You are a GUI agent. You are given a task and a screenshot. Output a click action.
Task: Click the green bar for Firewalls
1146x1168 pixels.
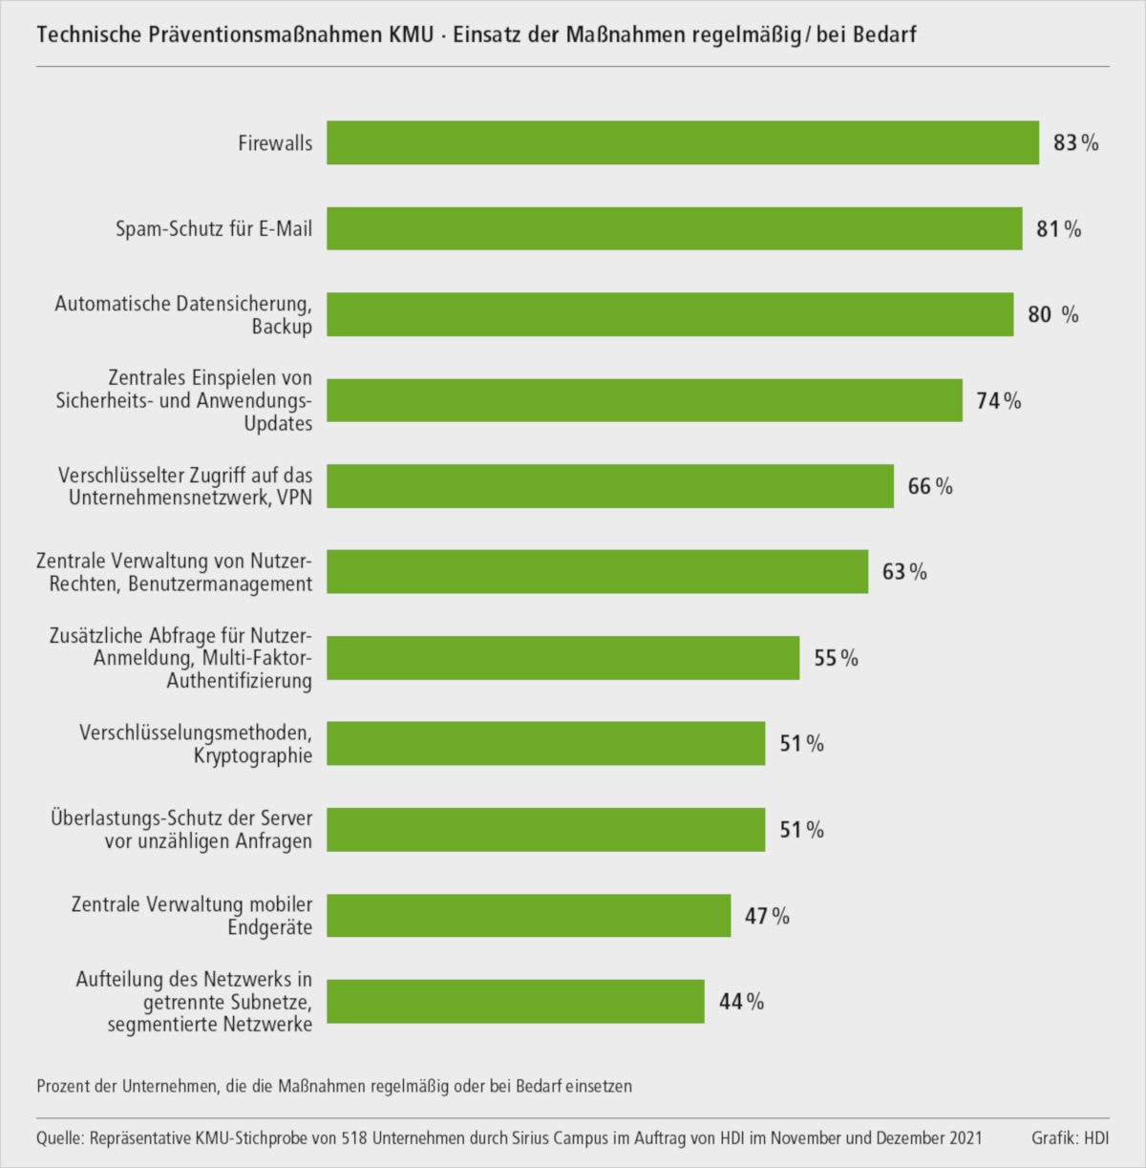683,142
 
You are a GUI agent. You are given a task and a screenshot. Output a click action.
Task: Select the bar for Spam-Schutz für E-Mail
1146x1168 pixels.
674,228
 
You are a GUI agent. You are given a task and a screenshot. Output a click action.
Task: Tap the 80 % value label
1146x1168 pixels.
1053,314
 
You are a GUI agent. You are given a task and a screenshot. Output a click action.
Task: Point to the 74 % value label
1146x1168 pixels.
998,401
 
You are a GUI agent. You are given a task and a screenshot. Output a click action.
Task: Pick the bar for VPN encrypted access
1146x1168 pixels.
610,486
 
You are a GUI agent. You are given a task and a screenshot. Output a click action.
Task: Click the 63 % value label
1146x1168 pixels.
904,572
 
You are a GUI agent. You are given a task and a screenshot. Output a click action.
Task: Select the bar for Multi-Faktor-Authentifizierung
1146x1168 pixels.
563,658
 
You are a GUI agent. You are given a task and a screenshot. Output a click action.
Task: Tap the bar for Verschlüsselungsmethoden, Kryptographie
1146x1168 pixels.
546,743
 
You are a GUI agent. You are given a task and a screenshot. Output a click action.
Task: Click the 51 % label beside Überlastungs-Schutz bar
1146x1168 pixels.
801,830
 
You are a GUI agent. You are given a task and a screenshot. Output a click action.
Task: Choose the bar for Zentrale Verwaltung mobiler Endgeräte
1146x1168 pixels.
529,916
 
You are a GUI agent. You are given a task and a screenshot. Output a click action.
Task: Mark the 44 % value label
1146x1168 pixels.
741,1002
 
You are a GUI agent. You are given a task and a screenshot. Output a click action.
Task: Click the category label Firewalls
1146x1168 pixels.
275,143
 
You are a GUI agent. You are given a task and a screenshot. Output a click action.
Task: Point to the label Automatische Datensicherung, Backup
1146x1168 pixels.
183,315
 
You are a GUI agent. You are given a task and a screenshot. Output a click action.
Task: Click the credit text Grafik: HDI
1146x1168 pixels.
1070,1138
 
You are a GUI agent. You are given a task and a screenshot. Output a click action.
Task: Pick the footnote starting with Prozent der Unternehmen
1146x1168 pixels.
334,1086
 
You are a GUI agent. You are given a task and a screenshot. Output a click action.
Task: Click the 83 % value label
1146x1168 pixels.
1075,143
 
